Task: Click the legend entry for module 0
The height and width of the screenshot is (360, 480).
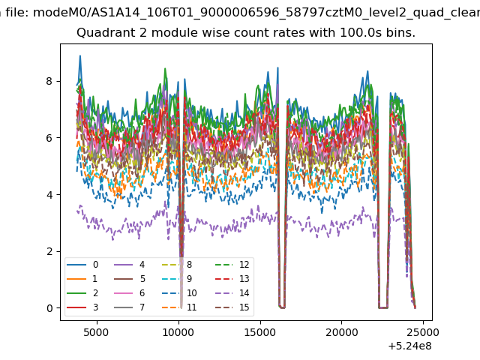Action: pyautogui.click(x=82, y=265)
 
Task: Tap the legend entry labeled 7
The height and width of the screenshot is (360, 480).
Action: pyautogui.click(x=129, y=307)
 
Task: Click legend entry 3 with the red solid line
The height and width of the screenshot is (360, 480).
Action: pyautogui.click(x=82, y=307)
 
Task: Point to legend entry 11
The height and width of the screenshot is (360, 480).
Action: pyautogui.click(x=179, y=307)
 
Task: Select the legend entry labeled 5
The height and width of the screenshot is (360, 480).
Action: pyautogui.click(x=129, y=278)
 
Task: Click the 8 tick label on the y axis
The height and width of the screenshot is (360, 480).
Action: pyautogui.click(x=49, y=81)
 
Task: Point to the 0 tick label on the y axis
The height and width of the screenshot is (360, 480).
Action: pyautogui.click(x=49, y=308)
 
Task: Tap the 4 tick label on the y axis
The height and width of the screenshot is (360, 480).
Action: pyautogui.click(x=49, y=195)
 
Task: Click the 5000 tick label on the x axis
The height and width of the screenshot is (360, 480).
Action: pyautogui.click(x=97, y=332)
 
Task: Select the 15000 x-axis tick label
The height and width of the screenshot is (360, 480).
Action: pyautogui.click(x=260, y=332)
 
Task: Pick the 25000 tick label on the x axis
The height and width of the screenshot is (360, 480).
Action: pyautogui.click(x=423, y=332)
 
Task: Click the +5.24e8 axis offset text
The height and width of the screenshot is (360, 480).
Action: pyautogui.click(x=409, y=346)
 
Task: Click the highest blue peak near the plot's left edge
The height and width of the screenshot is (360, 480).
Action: pyautogui.click(x=80, y=56)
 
